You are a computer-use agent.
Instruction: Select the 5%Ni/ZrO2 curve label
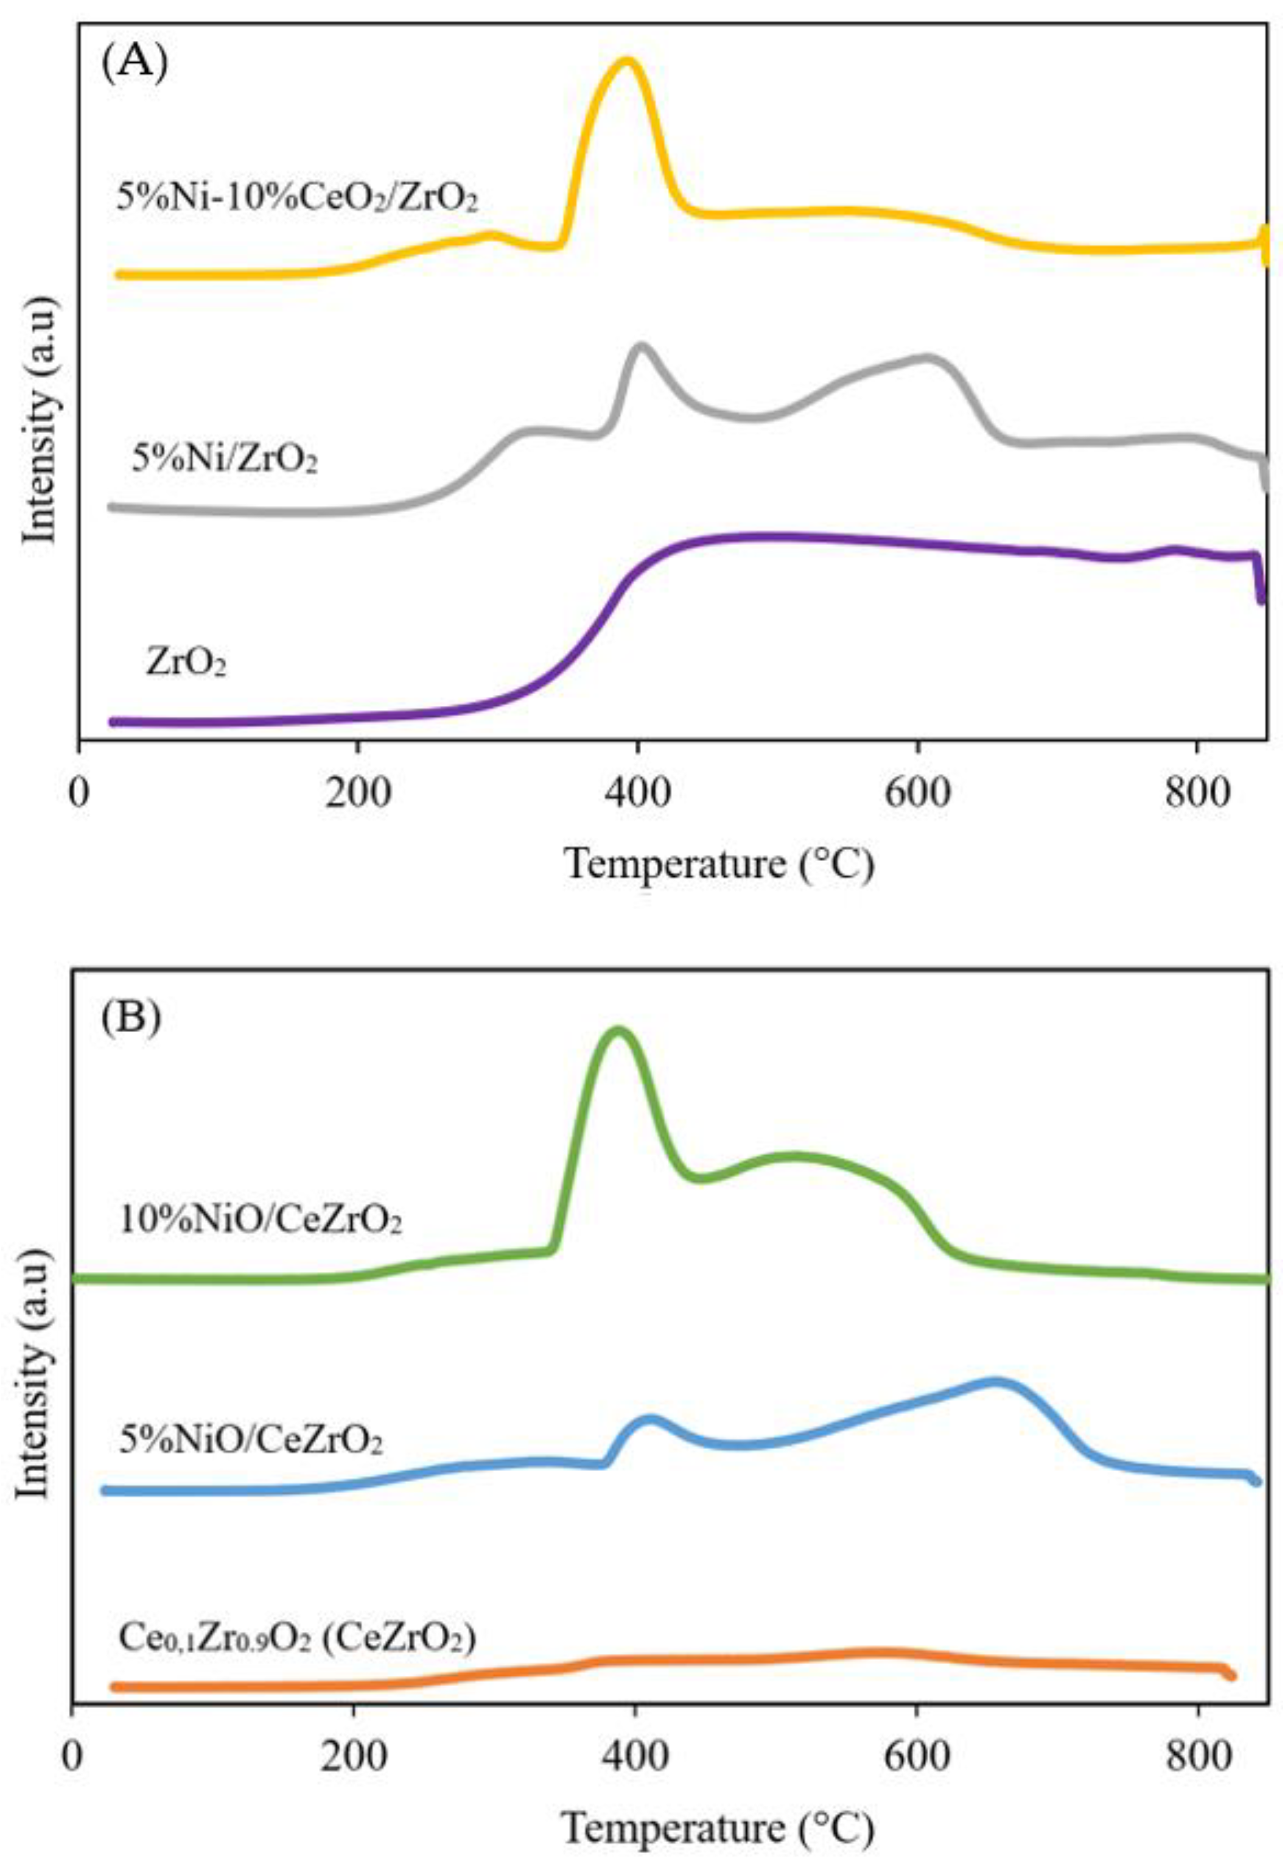pyautogui.click(x=225, y=460)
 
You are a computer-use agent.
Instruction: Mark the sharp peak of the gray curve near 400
pyautogui.click(x=642, y=347)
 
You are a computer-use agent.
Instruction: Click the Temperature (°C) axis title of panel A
pyautogui.click(x=718, y=865)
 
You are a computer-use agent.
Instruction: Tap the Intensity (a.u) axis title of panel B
pyautogui.click(x=34, y=1372)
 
